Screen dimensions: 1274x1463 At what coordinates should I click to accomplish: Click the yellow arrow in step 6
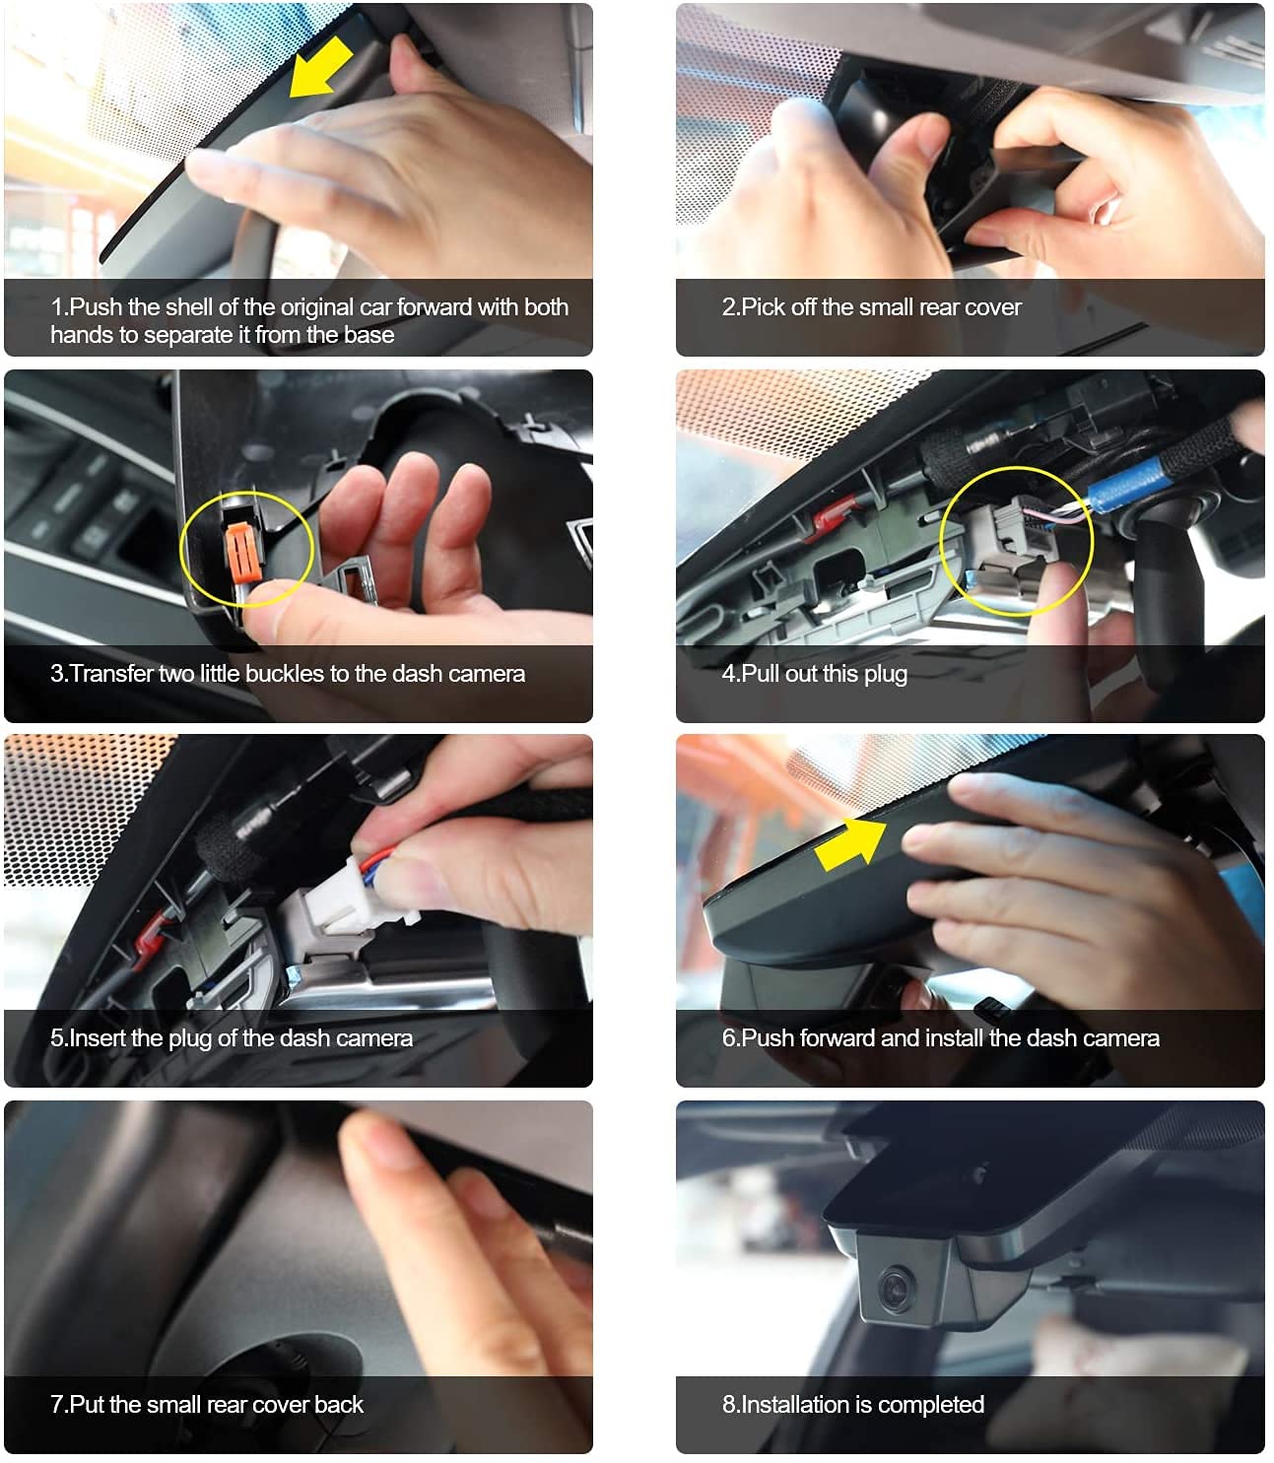(x=850, y=843)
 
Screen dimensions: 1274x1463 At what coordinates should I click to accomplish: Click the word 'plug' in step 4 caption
(x=885, y=674)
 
